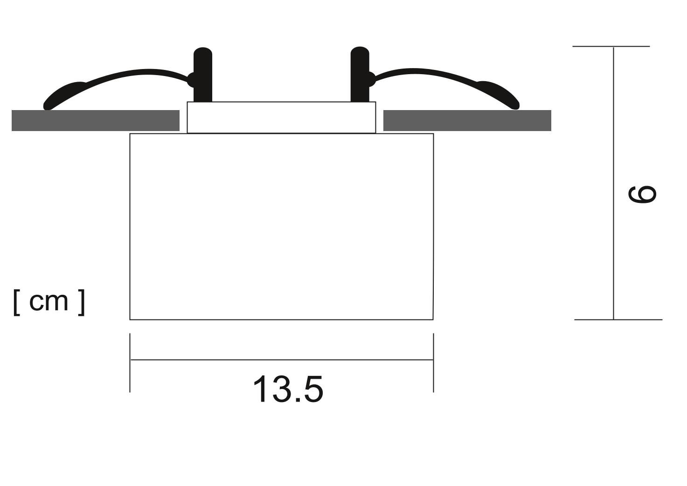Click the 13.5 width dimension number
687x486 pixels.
[x=288, y=389]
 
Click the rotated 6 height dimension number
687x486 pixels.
[x=642, y=194]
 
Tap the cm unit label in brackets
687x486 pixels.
[x=49, y=302]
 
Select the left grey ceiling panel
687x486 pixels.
[x=96, y=120]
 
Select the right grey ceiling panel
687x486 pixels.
[x=467, y=120]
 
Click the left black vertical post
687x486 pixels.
[x=203, y=75]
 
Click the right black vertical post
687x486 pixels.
[x=360, y=74]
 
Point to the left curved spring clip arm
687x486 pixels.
[x=117, y=76]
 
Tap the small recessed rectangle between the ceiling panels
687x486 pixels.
[x=281, y=118]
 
